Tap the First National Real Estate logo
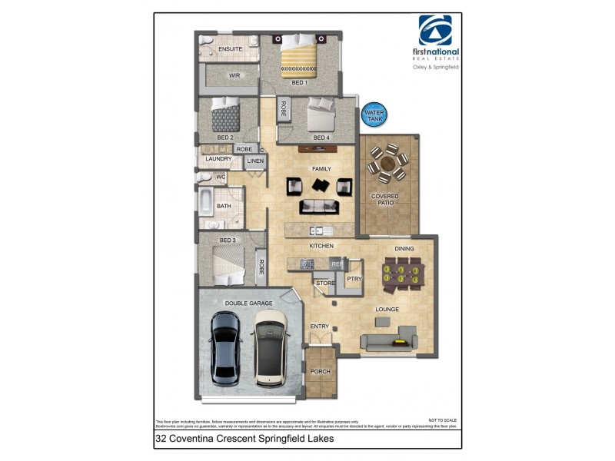439,39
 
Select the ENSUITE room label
230,49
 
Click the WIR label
235,75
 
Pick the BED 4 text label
321,138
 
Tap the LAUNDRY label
218,159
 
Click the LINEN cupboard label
255,161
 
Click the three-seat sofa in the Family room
318,206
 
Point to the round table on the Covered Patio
387,162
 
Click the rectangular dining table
402,274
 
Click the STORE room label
325,284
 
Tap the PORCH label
320,371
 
